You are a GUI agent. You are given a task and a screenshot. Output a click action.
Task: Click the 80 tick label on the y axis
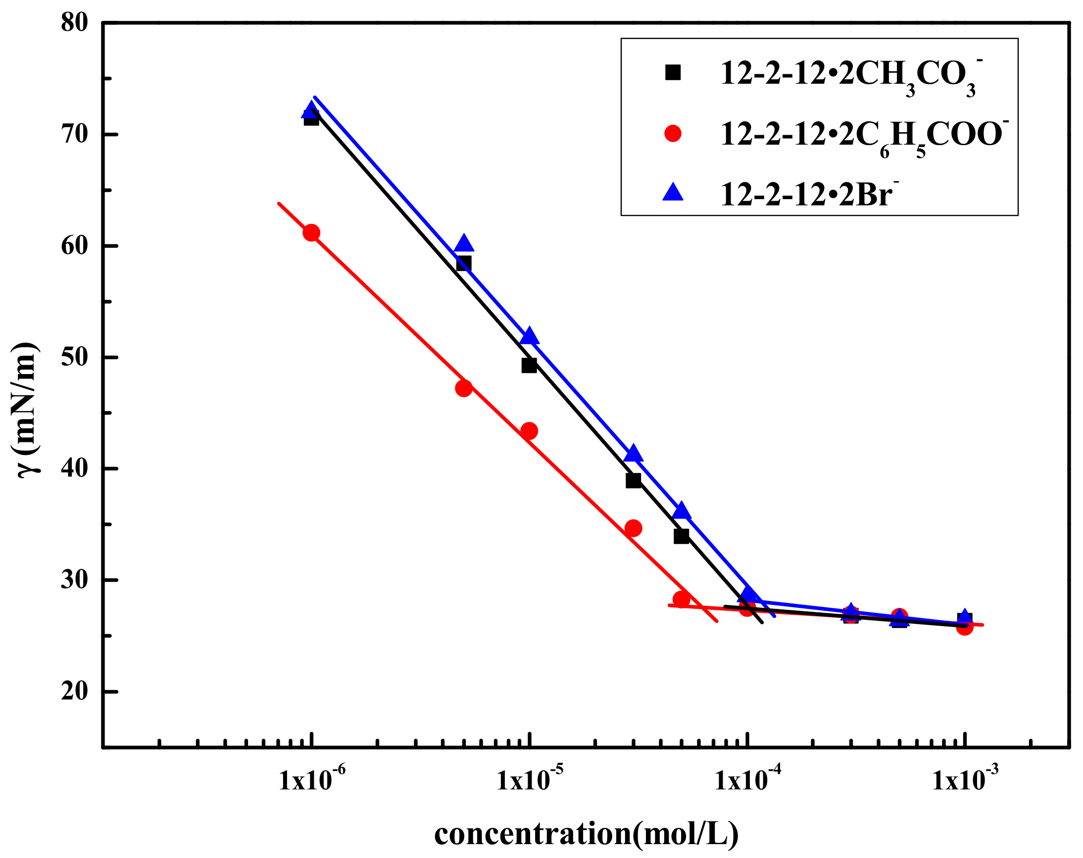[74, 24]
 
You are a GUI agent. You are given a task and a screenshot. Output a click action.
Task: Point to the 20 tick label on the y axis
[74, 692]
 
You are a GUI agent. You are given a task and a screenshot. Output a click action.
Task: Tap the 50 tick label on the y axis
[74, 358]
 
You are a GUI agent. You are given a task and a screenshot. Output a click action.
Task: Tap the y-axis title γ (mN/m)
[25, 409]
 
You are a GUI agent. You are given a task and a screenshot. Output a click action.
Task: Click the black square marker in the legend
[673, 73]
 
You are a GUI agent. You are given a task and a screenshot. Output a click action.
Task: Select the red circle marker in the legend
[673, 134]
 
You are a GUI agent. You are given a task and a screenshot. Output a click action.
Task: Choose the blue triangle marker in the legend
[673, 193]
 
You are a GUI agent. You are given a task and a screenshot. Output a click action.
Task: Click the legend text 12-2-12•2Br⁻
[809, 194]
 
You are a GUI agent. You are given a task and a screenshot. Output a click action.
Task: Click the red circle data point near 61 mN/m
[312, 233]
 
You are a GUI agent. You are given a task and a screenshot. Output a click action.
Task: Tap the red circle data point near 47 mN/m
[464, 388]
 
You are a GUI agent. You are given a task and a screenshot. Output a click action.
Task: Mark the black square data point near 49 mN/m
[529, 365]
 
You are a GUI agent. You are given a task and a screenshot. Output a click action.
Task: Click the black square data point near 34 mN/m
[681, 536]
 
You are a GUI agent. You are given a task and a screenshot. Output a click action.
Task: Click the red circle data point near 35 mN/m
[634, 528]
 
